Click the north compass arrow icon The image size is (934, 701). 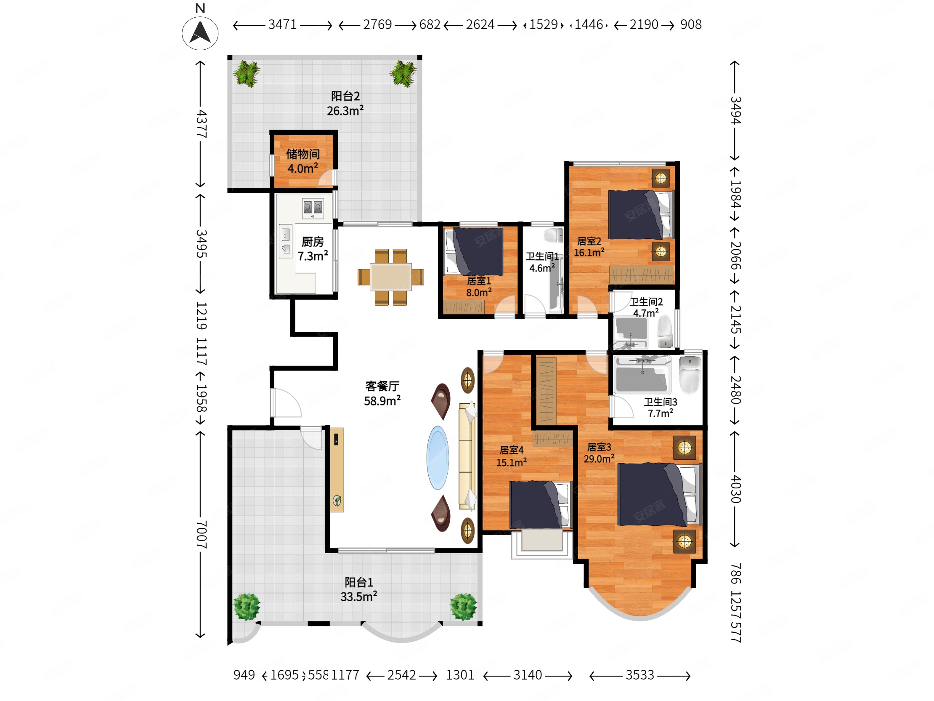coord(200,33)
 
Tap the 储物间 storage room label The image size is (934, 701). coord(303,154)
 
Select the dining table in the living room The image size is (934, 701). coord(390,277)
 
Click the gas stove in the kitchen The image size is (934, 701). coord(313,208)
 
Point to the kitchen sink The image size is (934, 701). coord(285,240)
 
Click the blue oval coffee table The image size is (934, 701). coord(438,457)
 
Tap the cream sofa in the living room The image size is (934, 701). coord(467,456)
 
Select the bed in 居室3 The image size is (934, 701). coord(660,494)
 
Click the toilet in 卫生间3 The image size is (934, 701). coord(690,374)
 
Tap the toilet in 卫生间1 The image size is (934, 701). coord(554,235)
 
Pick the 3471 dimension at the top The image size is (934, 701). coord(282,24)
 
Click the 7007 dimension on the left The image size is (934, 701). coord(201,535)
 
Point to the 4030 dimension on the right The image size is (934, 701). coord(735,489)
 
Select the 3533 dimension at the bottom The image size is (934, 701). coord(639,675)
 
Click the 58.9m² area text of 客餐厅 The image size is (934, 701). coord(382,400)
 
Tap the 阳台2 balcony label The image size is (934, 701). coord(345,96)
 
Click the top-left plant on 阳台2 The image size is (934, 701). coord(247,74)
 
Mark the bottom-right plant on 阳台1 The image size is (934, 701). coord(463,606)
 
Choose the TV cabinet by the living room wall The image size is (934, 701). coord(337,469)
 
